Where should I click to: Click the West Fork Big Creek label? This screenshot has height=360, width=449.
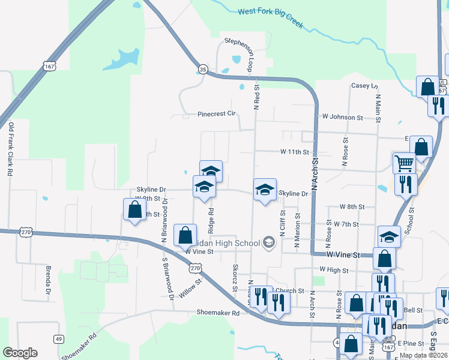click(x=270, y=19)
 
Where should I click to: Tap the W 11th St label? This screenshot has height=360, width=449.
click(x=294, y=152)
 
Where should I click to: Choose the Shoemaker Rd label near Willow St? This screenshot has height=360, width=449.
click(x=218, y=313)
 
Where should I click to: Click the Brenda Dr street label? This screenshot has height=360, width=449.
click(x=47, y=281)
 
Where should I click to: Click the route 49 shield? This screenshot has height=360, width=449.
click(x=59, y=339)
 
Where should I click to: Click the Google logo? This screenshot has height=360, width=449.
click(x=20, y=353)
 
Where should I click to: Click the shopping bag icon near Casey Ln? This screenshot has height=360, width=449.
click(x=428, y=86)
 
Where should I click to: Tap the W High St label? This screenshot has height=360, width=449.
click(x=334, y=269)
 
